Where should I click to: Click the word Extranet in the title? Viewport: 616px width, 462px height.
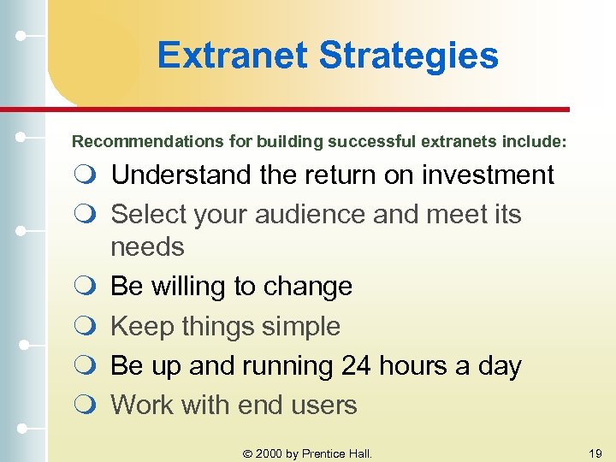pos(233,56)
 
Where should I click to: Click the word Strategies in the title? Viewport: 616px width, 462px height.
pos(408,56)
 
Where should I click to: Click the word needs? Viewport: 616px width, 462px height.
pos(147,247)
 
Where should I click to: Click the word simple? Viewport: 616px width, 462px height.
pos(299,326)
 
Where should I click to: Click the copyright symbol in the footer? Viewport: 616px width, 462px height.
pos(248,453)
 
